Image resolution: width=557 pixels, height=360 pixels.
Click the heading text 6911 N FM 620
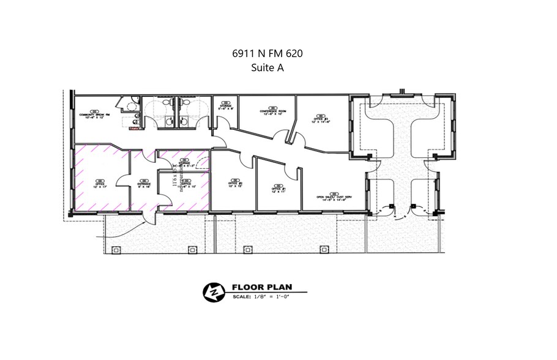267,54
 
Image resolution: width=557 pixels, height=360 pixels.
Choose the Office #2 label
236,183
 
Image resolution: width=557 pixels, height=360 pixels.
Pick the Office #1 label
279,189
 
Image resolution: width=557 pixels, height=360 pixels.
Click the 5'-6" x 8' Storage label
226,107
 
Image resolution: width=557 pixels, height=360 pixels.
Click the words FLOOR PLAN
262,287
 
